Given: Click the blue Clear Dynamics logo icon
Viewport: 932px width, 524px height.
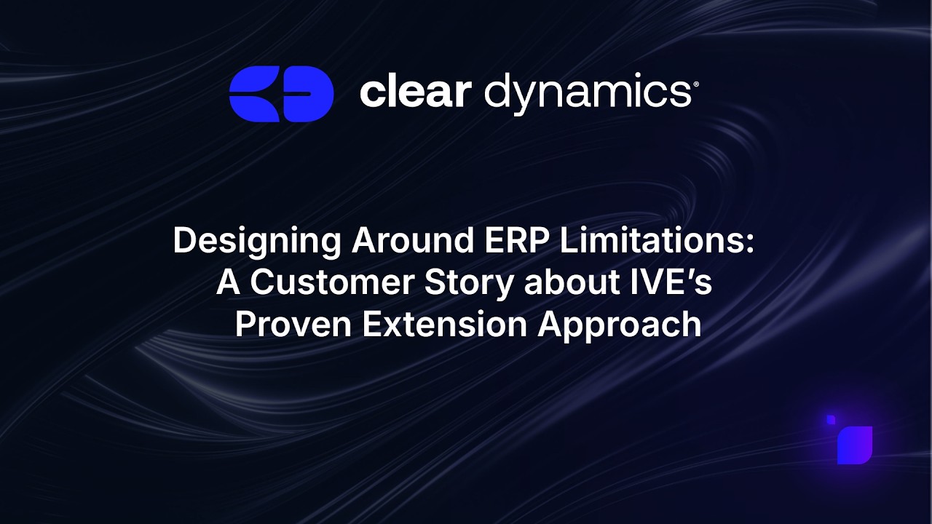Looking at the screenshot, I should tap(281, 94).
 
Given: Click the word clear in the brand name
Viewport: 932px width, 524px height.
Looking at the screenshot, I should tap(415, 92).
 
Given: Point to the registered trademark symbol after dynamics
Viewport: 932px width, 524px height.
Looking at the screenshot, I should tap(696, 84).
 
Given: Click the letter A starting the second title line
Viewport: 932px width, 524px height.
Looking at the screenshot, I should tap(228, 283).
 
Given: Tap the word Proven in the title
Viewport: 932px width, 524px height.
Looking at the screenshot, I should tap(293, 325).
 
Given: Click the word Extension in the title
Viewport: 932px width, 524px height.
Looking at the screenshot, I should tap(445, 325).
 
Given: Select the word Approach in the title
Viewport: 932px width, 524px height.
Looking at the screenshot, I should tap(620, 325).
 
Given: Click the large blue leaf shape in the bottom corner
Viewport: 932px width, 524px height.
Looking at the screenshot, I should tap(855, 445).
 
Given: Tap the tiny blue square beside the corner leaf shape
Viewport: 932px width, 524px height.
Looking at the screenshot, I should tap(831, 419).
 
